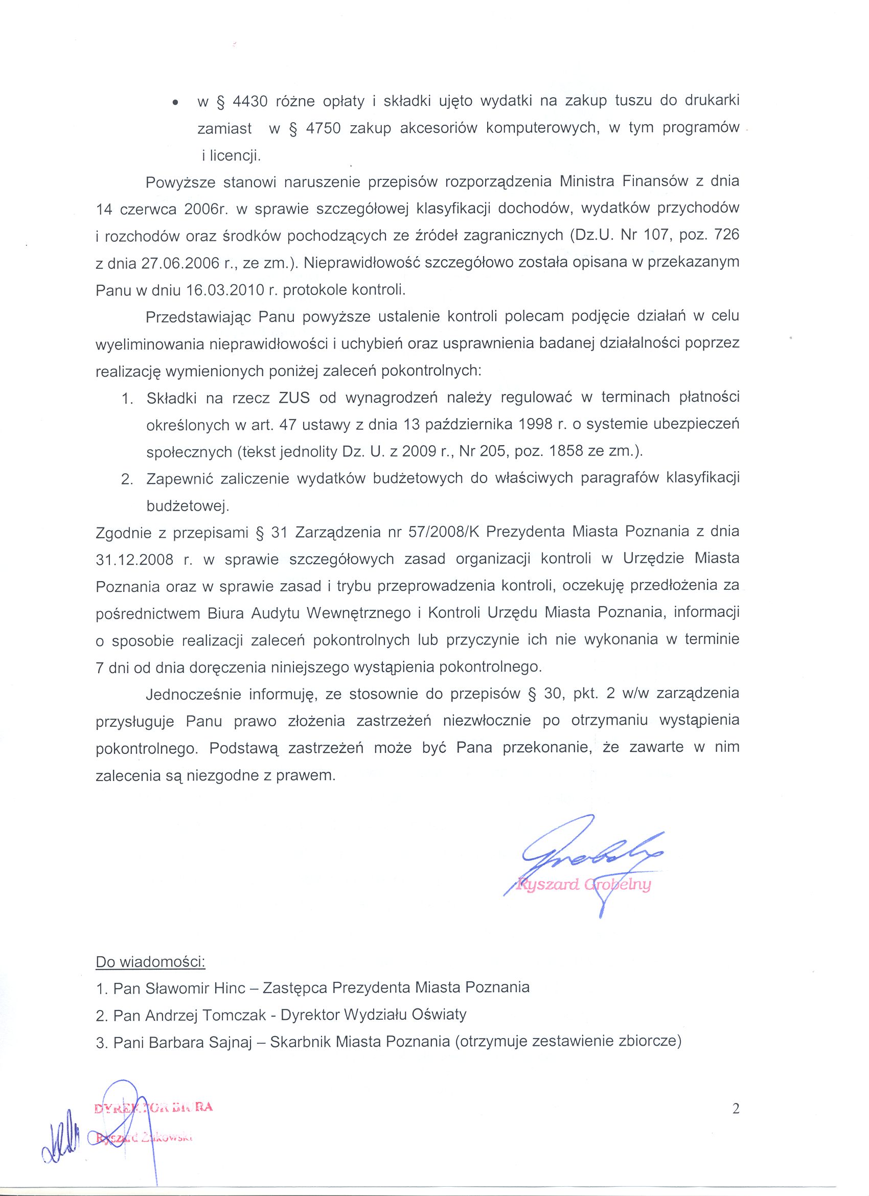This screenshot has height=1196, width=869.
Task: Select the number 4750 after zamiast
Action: [322, 129]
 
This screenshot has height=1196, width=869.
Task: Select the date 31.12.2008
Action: [134, 559]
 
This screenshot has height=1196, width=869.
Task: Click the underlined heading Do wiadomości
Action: [150, 962]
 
